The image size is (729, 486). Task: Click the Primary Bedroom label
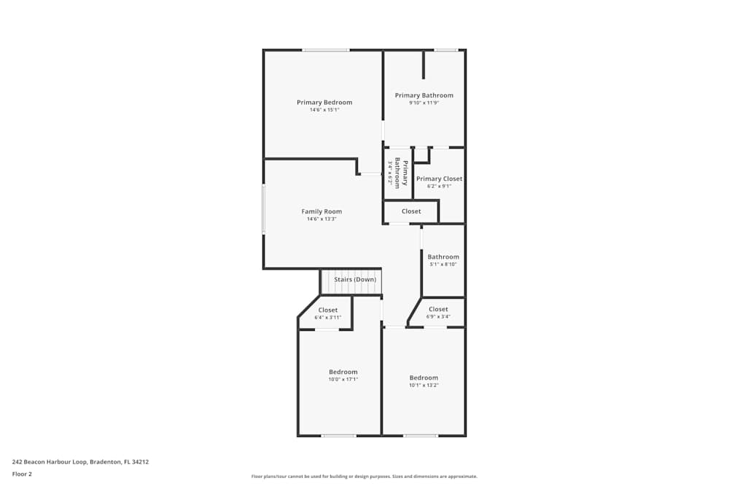coord(324,103)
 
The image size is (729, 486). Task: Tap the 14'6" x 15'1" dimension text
coord(324,110)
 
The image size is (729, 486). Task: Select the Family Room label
coord(321,212)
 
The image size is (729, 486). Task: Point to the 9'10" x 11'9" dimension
coord(424,103)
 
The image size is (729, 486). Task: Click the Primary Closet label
coord(439,179)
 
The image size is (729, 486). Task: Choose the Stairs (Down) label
coord(355,280)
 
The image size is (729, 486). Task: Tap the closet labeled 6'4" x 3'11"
coord(327,310)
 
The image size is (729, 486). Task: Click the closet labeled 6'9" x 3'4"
coord(438,310)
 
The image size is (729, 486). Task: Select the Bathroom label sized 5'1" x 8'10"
coord(443,256)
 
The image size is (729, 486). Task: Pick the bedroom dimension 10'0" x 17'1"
coord(343,380)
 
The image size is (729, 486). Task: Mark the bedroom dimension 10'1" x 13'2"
coord(424,385)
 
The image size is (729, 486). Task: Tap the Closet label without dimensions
coord(411,211)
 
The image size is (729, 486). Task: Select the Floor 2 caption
coord(22,474)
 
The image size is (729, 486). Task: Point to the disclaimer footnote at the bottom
coord(364,477)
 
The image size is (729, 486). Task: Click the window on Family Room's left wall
coord(263,209)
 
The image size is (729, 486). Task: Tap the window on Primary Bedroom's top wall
coord(325,50)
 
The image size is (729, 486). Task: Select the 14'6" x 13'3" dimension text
coord(321,219)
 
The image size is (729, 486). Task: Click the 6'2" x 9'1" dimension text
coord(439,186)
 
